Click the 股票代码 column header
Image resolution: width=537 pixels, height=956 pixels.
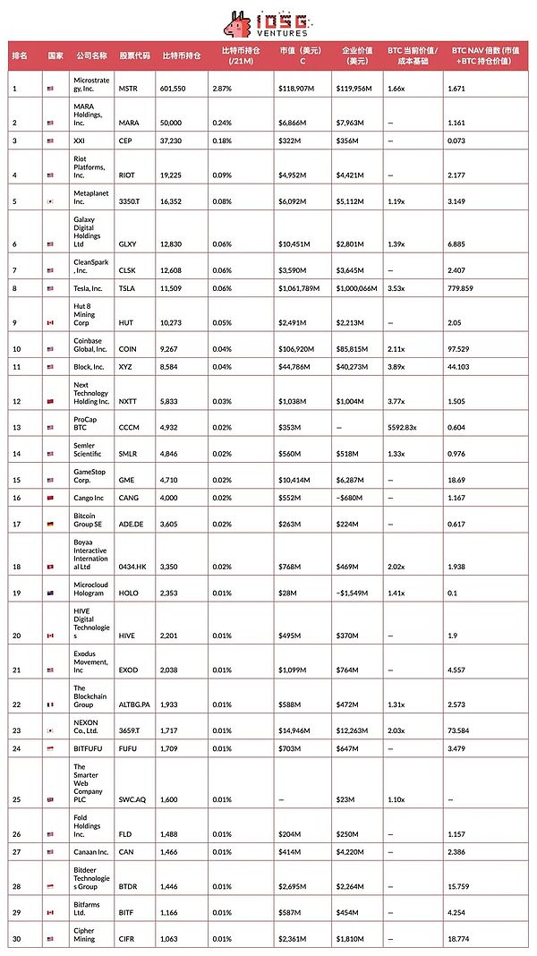tap(134, 55)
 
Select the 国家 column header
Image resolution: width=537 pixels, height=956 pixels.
tap(55, 55)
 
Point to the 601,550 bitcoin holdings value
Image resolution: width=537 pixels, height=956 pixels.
tap(177, 89)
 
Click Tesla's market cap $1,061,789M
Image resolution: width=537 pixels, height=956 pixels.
tap(300, 288)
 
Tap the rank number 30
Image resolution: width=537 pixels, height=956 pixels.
tap(16, 939)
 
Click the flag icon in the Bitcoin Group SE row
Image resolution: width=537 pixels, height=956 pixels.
tap(51, 524)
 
